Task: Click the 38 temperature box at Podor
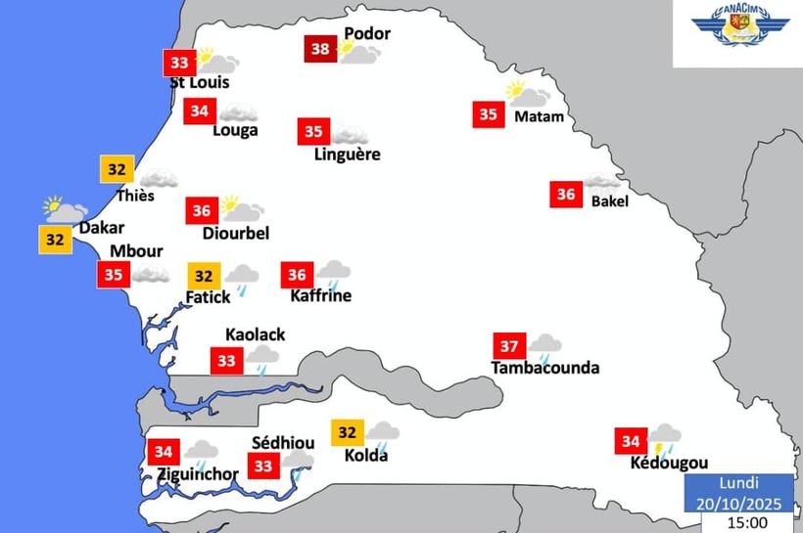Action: pos(320,48)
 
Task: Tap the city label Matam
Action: pos(539,116)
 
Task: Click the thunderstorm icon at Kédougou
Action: pos(665,439)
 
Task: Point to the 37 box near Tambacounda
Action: pos(509,347)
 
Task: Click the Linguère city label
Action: pos(347,155)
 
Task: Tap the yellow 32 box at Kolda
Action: pos(348,432)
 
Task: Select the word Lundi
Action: pos(739,483)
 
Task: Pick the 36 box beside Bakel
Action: pos(566,195)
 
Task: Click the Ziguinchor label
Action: pos(198,474)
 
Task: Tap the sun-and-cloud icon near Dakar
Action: pos(65,209)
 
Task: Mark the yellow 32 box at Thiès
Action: pos(117,169)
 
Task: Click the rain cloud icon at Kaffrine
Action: pos(334,273)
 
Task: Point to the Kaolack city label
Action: pos(255,334)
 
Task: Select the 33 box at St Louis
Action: pos(179,64)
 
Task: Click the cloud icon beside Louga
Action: pos(238,112)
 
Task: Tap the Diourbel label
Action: pos(235,233)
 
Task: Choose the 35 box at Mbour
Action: pos(114,274)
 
